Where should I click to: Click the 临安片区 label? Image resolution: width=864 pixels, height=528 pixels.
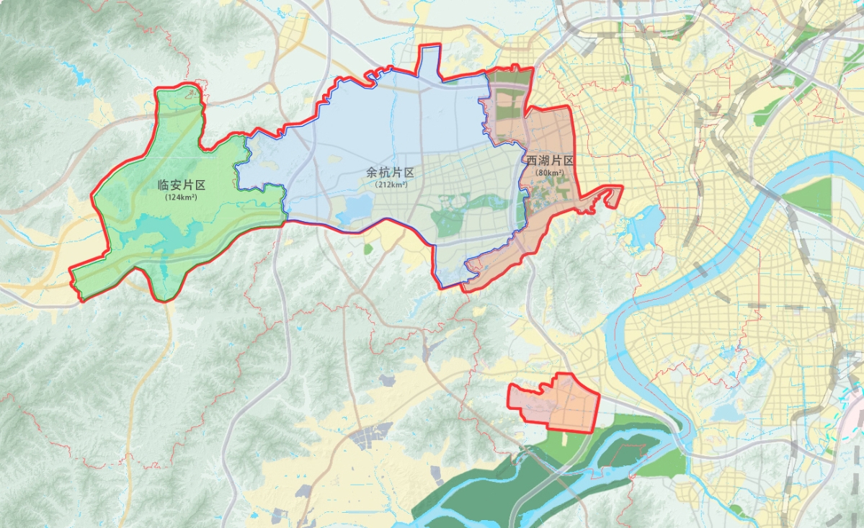pos(182,185)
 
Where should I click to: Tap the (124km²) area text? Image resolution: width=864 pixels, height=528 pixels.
pos(182,197)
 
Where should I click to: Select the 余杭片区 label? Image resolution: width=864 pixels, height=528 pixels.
pos(390,173)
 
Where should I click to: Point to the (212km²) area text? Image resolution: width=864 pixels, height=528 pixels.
pos(391,184)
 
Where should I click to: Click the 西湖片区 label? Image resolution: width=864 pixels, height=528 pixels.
pos(550,161)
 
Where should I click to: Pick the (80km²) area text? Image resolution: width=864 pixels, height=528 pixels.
pos(550,173)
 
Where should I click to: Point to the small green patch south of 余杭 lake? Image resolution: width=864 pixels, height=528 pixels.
pos(368,249)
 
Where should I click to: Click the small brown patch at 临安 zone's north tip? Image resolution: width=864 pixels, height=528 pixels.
pos(190,92)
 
